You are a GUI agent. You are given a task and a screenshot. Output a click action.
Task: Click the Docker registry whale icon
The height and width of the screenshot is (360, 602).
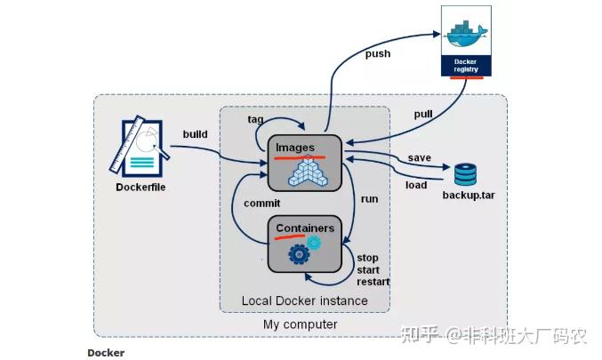pyautogui.click(x=466, y=30)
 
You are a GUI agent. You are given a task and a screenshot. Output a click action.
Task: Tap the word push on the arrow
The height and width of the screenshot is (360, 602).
pyautogui.click(x=378, y=53)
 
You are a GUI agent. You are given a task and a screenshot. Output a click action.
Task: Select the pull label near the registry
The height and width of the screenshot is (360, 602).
pyautogui.click(x=424, y=115)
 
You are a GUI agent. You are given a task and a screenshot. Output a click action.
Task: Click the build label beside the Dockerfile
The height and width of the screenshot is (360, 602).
pyautogui.click(x=196, y=134)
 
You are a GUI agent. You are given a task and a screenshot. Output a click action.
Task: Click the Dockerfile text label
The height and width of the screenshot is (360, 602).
pyautogui.click(x=140, y=188)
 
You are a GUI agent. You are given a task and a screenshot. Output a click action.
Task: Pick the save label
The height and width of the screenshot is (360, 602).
pyautogui.click(x=420, y=157)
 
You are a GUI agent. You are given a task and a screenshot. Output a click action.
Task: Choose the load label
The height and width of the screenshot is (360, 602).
pyautogui.click(x=417, y=186)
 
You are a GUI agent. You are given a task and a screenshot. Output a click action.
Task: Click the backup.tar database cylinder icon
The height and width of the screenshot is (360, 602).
pyautogui.click(x=465, y=173)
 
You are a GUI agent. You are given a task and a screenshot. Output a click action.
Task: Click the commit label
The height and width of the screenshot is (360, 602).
pyautogui.click(x=261, y=204)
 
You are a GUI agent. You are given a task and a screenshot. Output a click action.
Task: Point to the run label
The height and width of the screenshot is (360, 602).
pyautogui.click(x=369, y=199)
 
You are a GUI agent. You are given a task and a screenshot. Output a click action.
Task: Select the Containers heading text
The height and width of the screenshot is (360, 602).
pyautogui.click(x=305, y=228)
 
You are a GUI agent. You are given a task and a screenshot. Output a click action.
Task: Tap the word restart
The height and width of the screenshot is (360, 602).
pyautogui.click(x=373, y=283)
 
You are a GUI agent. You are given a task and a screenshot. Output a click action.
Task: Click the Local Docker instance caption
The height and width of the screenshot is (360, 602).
pyautogui.click(x=304, y=300)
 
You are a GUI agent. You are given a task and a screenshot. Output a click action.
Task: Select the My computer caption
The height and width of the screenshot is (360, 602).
pyautogui.click(x=300, y=325)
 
